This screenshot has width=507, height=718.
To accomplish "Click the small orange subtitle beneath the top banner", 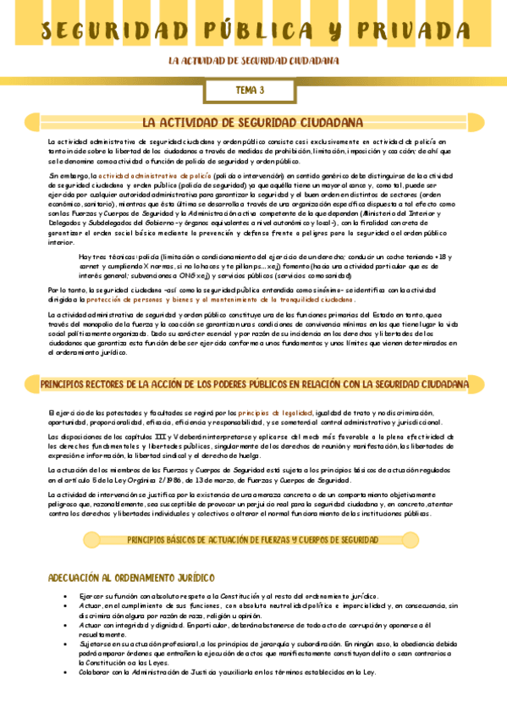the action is pos(254,61).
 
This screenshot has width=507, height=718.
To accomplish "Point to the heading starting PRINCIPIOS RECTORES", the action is pos(254,384).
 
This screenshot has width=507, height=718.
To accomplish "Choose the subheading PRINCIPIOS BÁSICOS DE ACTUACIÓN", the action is pos(252,539).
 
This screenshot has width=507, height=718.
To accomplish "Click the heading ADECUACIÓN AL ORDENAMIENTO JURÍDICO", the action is pos(131,578).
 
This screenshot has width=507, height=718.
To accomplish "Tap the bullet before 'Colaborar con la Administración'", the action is pos(67,672).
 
